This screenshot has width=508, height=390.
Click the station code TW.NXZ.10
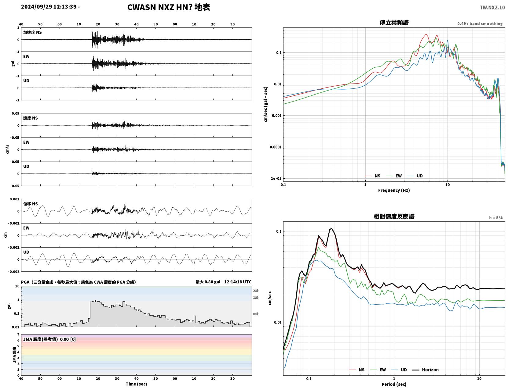pos(492,7)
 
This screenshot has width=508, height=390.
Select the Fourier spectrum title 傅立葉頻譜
pos(394,23)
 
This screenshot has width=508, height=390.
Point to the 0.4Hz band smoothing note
pos(480,23)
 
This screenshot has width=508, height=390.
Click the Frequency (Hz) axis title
pos(394,190)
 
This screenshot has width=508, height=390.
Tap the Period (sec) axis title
pos(394,384)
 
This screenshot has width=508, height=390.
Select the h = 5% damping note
pos(495,217)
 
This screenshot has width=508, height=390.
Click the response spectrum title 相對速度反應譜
pos(394,216)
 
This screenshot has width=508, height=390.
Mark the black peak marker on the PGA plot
pos(95,301)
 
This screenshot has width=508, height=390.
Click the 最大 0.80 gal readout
pos(208,282)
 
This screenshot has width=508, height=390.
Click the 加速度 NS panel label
pos(32,32)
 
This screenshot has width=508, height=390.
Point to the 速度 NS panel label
pos(30,118)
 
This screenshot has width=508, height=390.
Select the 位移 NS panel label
pos(30,204)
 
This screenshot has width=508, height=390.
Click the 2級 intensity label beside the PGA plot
pos(256,291)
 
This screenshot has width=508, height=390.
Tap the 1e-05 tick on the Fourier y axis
pos(276,178)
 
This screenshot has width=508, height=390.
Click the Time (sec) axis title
pos(136,384)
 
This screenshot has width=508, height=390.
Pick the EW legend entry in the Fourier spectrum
pos(394,176)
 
